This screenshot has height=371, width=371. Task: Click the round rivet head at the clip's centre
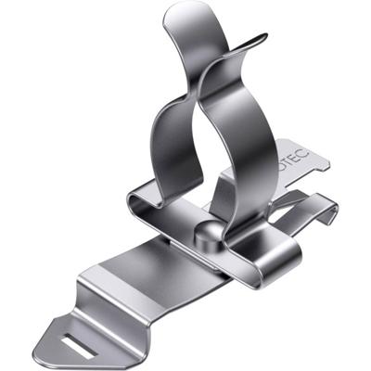pyautogui.click(x=210, y=232)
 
